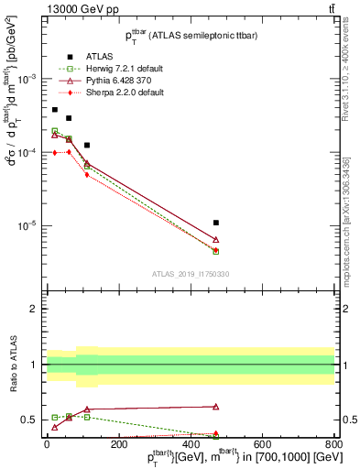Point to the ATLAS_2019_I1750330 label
[x=191, y=274]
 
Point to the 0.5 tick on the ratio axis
[x=30, y=420]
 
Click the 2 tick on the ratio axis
[x=35, y=310]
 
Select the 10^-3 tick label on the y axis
[x=27, y=79]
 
